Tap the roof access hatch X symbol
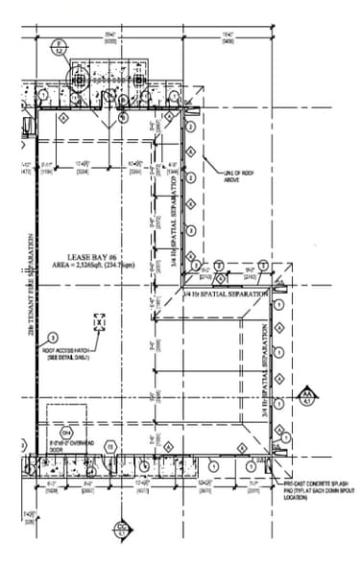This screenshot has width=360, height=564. (x=99, y=322)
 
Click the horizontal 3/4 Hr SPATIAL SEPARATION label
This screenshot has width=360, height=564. (x=227, y=294)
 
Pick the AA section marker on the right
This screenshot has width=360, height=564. (x=307, y=398)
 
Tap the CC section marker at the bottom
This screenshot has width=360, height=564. (x=122, y=528)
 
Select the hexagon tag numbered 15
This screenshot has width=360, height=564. (x=111, y=446)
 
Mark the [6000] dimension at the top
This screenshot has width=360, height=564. (x=111, y=41)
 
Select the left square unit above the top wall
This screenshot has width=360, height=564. (x=96, y=80)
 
